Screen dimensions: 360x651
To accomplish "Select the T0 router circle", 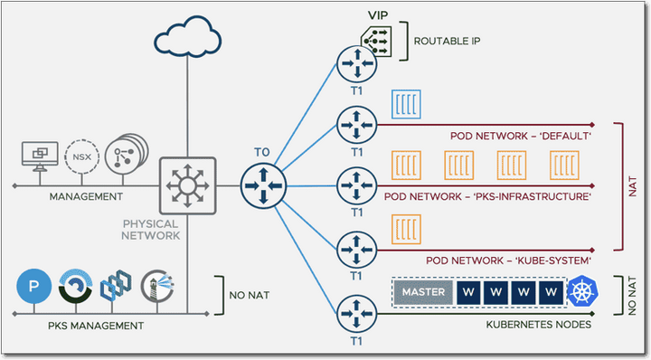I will (263, 185).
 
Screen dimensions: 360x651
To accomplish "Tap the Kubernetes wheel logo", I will (580, 292).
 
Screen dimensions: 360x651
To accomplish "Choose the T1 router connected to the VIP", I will (354, 64).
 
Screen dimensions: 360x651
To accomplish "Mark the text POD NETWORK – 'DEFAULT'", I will (520, 135).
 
